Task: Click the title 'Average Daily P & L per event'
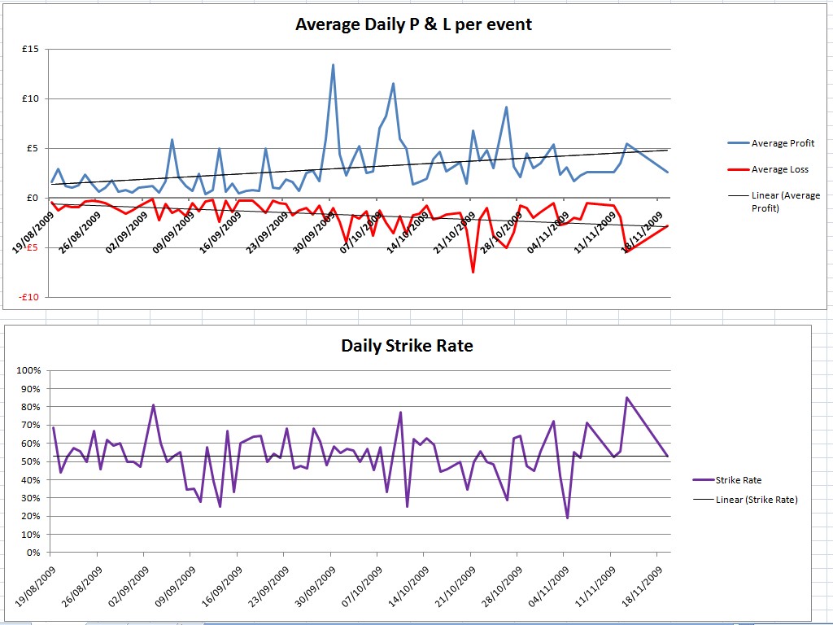[413, 24]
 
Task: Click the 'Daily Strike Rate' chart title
[407, 345]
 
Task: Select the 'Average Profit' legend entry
[782, 143]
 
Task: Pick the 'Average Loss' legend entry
[778, 169]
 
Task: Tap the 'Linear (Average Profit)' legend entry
[785, 202]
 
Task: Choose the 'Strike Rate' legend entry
[738, 480]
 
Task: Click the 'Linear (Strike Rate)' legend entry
[757, 500]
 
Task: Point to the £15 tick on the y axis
[30, 50]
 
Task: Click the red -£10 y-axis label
[29, 297]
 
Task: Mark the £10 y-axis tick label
[30, 99]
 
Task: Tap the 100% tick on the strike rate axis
[28, 371]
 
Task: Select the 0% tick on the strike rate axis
[33, 553]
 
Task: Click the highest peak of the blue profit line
[333, 65]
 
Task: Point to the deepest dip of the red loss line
[473, 272]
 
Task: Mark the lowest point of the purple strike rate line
[567, 518]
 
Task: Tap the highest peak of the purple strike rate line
[626, 398]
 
